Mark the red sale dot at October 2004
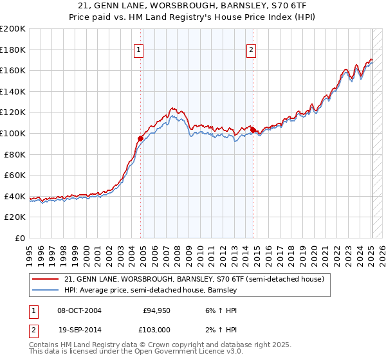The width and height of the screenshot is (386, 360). (140, 138)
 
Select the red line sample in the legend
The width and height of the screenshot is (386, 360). (45, 280)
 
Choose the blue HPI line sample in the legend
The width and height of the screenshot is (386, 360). (45, 291)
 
